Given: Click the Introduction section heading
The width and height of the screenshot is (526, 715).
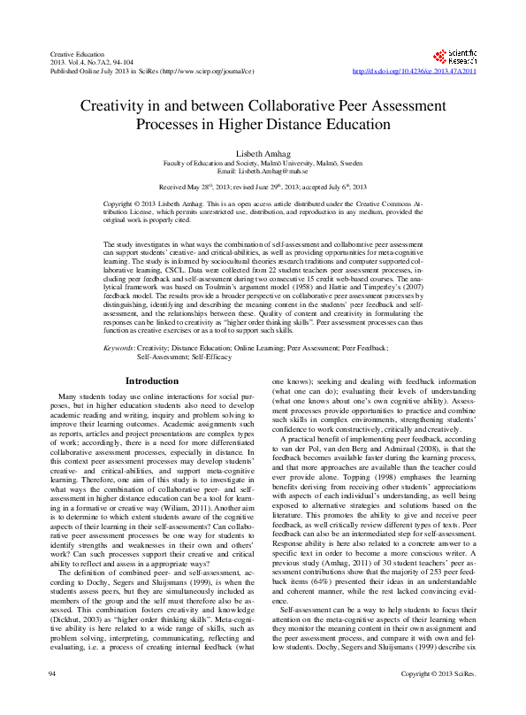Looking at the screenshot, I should coord(151,381).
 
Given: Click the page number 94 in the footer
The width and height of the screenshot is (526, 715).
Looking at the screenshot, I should coord(52,699).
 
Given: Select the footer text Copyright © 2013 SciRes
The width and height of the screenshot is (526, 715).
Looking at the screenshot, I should coord(438,699).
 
